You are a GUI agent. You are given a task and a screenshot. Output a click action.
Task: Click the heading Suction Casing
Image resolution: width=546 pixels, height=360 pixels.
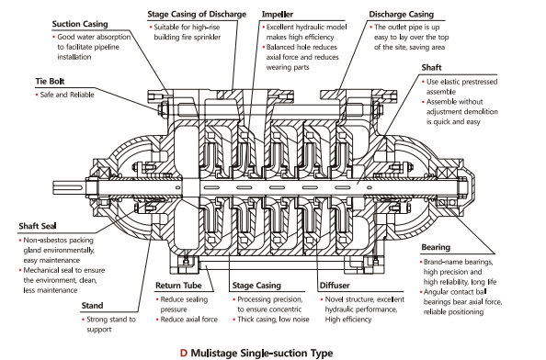point(80,24)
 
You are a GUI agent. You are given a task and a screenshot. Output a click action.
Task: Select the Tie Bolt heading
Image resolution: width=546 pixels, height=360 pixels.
point(50,82)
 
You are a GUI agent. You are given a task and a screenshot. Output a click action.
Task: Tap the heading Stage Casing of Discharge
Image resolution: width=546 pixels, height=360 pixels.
point(197,15)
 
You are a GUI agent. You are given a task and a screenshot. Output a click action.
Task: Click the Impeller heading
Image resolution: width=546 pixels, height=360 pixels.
point(278,15)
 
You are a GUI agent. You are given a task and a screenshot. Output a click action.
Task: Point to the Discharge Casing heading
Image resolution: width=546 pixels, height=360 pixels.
point(401,15)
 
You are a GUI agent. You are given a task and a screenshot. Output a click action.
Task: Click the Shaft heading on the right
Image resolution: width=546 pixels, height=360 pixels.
point(431,67)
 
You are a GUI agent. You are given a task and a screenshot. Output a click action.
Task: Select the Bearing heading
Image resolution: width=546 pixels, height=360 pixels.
point(436,247)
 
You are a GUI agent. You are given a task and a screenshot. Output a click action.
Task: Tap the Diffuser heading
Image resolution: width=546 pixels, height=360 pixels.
point(335,286)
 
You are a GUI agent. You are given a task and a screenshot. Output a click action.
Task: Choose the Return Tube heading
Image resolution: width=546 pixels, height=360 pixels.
point(178,286)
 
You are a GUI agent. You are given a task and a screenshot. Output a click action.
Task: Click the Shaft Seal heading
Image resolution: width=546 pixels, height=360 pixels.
point(38,226)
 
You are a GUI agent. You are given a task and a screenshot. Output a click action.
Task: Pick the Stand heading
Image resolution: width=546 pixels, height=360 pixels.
point(92,306)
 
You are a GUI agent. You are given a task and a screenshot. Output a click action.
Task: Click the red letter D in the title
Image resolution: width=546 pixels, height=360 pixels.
point(184,353)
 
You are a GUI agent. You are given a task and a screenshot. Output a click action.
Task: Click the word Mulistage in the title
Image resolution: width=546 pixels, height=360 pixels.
point(215,354)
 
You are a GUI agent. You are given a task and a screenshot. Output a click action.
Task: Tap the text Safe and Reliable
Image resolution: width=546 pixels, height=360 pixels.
point(67,95)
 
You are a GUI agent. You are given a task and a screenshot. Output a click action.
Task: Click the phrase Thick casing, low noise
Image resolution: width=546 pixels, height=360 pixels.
point(273,320)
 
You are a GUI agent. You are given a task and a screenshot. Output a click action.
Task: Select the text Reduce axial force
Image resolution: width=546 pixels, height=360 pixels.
point(189,320)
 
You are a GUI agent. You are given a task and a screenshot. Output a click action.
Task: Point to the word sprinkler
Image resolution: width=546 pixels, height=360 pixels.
point(207,38)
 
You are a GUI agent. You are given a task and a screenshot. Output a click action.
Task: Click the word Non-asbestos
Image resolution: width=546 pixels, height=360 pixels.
point(40,241)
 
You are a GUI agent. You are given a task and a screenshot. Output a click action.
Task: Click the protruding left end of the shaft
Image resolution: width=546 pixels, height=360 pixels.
point(69,188)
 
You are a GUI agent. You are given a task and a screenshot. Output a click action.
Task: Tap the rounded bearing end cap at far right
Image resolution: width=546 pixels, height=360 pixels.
point(470,187)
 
